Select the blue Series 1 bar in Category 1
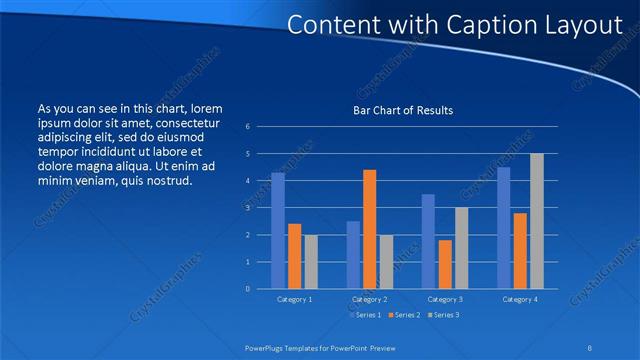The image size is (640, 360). [278, 231]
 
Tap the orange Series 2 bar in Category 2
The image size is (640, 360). [369, 229]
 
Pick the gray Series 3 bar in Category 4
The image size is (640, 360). [537, 221]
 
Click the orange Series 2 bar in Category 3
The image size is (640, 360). [445, 264]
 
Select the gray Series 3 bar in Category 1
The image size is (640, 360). [311, 262]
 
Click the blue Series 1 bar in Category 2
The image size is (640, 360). [353, 255]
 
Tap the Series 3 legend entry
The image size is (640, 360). [445, 315]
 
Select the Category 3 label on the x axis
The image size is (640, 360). [445, 299]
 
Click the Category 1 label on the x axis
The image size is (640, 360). [294, 299]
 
